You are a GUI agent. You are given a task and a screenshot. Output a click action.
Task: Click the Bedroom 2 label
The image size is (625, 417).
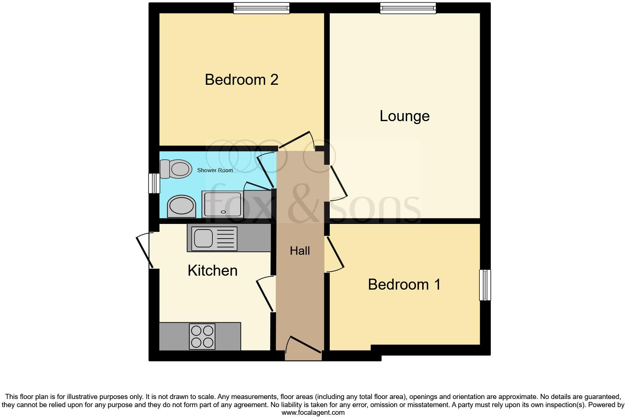241,80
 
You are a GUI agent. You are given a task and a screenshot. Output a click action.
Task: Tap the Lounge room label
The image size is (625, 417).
404,116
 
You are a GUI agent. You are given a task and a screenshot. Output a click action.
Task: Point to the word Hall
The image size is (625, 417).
300,251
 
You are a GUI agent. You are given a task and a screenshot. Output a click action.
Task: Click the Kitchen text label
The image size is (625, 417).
212,271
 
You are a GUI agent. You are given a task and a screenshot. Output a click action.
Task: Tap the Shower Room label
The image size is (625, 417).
215,170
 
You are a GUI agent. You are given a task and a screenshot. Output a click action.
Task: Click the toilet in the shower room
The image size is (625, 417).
176,169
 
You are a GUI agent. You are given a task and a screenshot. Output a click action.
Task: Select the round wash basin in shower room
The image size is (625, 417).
182,206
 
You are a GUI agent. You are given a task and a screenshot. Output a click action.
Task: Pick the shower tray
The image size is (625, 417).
223,204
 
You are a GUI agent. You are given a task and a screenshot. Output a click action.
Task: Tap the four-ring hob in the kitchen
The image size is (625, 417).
202,337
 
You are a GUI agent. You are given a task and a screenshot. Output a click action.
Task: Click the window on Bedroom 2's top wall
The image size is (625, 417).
262,8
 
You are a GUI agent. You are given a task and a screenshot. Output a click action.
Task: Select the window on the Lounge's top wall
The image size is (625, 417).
408,8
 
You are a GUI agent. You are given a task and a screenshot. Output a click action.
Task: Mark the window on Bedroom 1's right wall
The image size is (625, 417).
485,285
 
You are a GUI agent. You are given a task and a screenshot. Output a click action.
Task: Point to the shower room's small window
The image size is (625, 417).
154,183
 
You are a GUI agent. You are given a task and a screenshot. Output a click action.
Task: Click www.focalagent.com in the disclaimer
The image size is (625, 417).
313,412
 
